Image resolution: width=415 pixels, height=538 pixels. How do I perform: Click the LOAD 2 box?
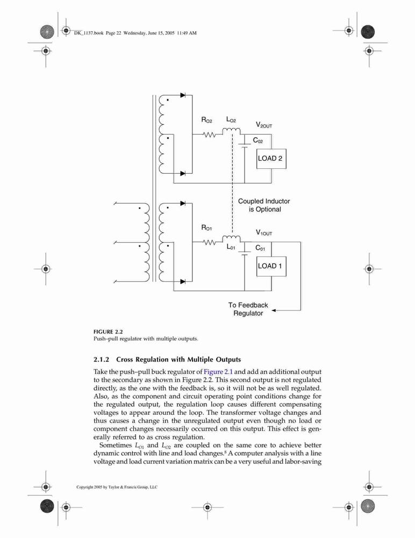[x=271, y=159]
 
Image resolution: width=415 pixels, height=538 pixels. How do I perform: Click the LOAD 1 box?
[x=271, y=266]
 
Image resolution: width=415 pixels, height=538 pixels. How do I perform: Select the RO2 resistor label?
[x=206, y=120]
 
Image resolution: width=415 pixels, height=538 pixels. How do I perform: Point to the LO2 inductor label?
[x=231, y=120]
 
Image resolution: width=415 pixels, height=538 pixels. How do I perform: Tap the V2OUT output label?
[x=264, y=125]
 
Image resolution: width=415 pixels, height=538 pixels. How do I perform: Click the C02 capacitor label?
[x=258, y=140]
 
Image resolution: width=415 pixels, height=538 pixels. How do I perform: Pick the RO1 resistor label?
[x=206, y=228]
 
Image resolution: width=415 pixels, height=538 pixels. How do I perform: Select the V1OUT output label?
[x=264, y=232]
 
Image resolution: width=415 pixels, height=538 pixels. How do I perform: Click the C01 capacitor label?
[x=260, y=247]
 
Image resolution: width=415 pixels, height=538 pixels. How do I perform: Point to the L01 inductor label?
[x=231, y=247]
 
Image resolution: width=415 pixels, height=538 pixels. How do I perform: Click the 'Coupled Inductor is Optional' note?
[x=264, y=205]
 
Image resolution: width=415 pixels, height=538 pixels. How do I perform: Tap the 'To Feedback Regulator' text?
[x=248, y=309]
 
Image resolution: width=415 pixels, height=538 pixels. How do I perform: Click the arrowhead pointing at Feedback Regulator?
[x=274, y=310]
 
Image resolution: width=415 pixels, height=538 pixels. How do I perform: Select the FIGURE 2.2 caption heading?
[x=108, y=332]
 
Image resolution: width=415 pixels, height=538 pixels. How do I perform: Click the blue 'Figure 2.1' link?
[x=218, y=372]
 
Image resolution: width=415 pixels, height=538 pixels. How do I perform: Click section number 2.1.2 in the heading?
[x=101, y=359]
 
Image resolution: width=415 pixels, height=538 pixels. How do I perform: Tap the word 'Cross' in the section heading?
[x=125, y=359]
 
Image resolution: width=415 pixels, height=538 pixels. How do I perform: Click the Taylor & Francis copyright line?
[x=117, y=487]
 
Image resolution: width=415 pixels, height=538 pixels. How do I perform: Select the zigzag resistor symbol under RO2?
[x=209, y=135]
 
